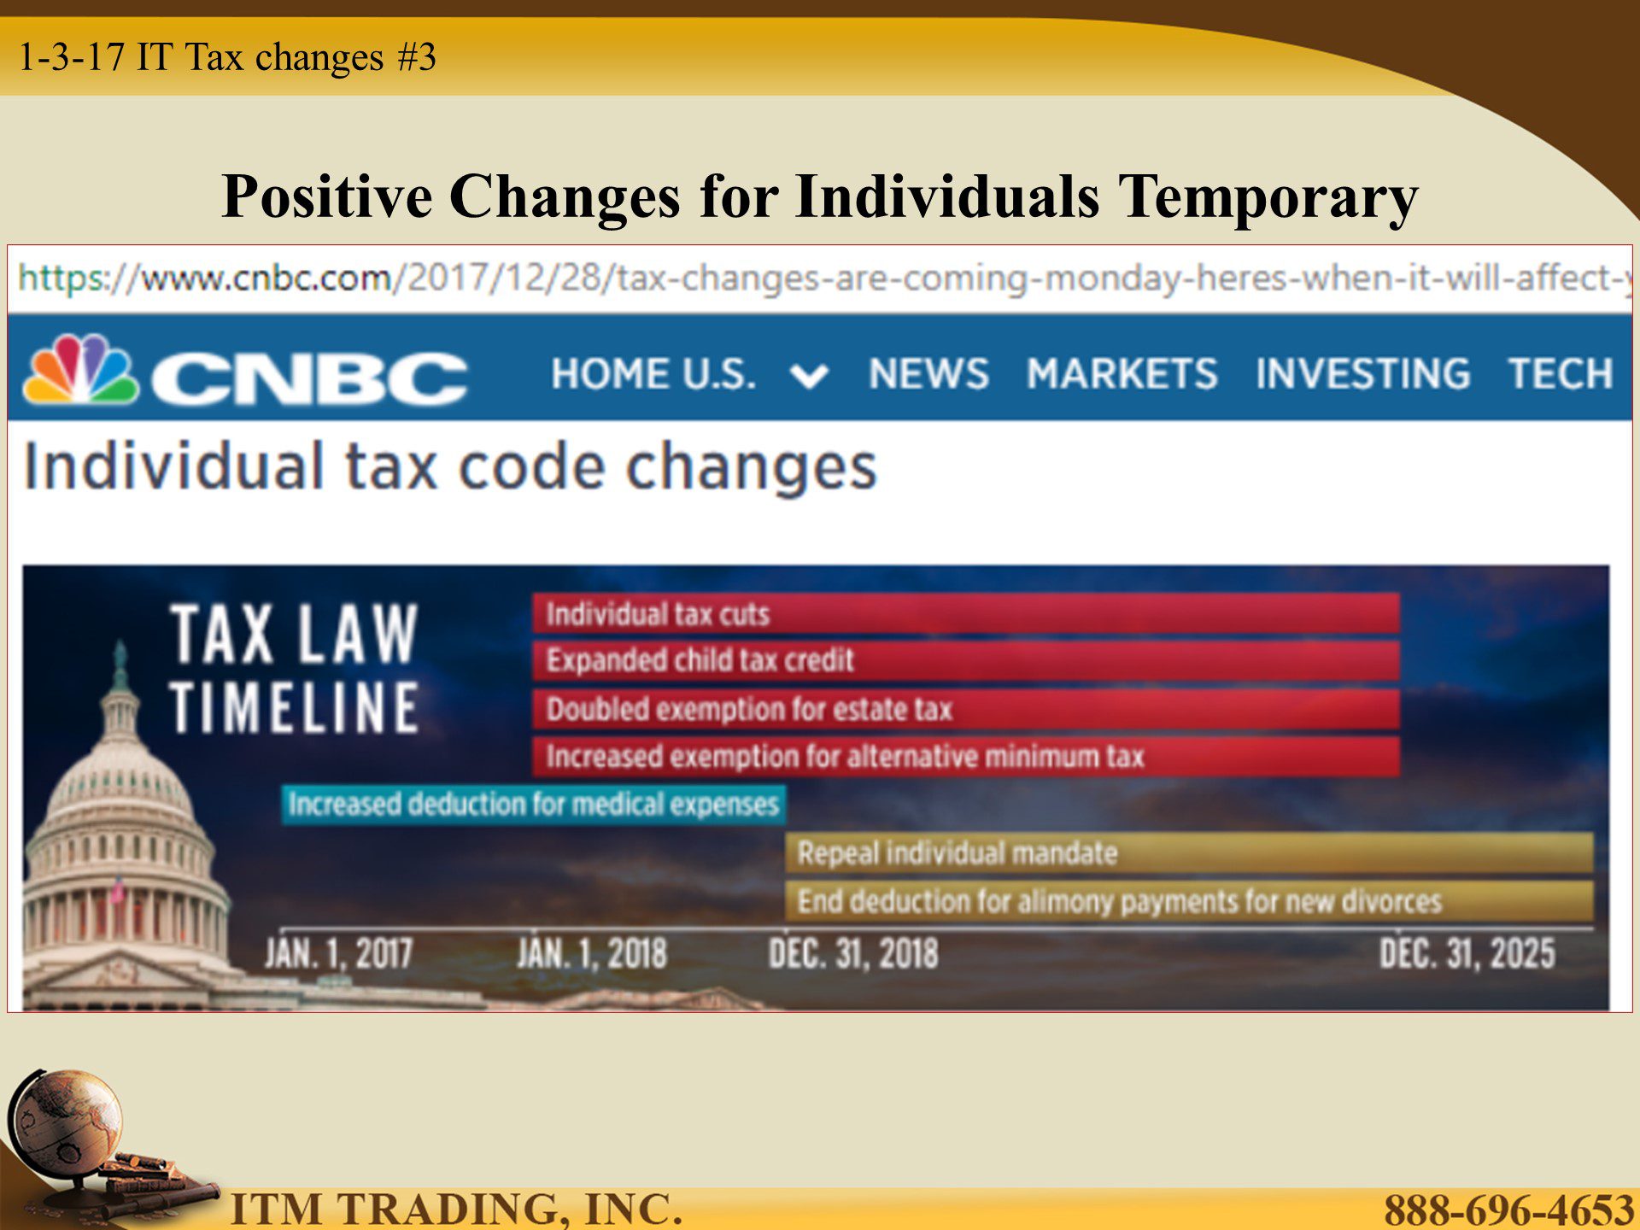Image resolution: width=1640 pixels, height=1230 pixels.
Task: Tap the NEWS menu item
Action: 928,374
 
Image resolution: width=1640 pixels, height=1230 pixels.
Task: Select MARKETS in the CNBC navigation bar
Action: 1122,374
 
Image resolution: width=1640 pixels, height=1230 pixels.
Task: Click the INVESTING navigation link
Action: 1362,374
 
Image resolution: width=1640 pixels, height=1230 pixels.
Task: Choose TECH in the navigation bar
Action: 1561,374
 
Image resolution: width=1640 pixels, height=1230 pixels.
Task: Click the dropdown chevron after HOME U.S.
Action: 809,376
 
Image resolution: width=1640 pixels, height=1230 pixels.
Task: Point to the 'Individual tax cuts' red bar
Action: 966,613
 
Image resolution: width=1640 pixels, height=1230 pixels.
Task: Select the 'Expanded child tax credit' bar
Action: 966,660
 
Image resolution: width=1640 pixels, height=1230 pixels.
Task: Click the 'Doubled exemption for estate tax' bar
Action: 966,709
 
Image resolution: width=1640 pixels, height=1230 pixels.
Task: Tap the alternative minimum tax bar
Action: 966,757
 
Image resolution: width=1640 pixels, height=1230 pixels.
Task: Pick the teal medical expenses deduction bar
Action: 534,805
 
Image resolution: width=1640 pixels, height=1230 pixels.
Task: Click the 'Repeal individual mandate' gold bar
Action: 1189,852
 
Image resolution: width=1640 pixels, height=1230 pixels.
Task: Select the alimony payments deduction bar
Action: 1189,900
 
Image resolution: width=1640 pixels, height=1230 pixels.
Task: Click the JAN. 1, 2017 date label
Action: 338,953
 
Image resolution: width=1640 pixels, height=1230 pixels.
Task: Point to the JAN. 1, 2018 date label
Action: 591,953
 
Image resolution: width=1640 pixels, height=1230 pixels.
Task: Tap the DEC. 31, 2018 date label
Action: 852,953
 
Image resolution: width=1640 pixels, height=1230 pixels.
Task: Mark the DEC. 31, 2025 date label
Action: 1467,953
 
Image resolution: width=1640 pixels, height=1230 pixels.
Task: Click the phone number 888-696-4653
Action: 1508,1209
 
